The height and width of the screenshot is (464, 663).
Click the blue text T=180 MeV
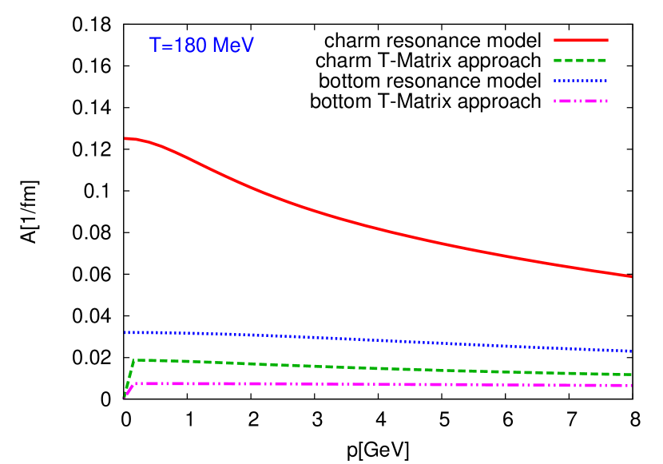coord(201,46)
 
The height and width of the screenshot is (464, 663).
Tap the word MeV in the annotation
coord(232,46)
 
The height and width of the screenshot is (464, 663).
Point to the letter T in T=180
coord(155,46)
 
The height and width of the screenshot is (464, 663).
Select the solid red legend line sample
coord(581,40)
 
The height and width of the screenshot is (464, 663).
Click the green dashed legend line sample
coord(581,60)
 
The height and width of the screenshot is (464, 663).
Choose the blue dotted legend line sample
coord(581,81)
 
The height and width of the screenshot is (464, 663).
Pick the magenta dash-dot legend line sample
coord(581,101)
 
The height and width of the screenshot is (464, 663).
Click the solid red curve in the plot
coord(359,223)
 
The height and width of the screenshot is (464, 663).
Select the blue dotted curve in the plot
coord(359,339)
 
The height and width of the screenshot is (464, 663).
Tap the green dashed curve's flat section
coord(359,367)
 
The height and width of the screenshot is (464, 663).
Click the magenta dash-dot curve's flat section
coord(359,384)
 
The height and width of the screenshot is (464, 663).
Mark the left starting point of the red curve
coord(125,138)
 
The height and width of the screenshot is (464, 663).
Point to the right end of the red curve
coord(631,276)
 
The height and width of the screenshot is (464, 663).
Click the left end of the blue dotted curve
coord(125,332)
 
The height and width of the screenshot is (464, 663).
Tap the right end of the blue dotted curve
coord(631,351)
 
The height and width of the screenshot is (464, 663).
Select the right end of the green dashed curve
coord(631,375)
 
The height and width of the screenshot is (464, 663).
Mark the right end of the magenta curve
coord(631,386)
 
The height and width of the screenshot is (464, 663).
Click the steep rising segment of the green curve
coord(130,377)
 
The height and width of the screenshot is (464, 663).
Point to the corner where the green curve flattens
coord(136,360)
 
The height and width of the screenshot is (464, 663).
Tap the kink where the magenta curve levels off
coord(134,384)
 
